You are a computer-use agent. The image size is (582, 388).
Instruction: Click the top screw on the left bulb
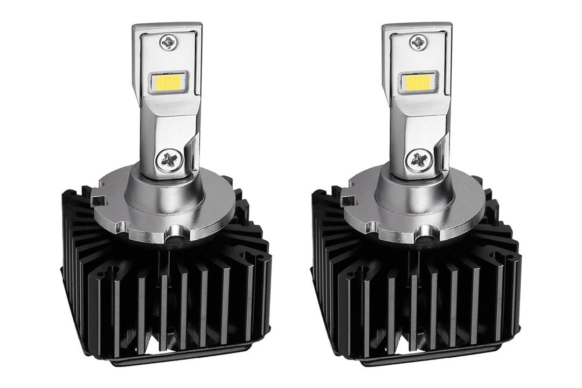(168, 41)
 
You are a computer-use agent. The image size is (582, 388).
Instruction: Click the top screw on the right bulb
(418, 41)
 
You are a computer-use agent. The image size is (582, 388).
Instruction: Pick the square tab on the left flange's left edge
(96, 202)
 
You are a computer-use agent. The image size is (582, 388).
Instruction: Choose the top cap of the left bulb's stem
(167, 27)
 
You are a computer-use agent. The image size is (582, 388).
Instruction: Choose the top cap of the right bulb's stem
(417, 27)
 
